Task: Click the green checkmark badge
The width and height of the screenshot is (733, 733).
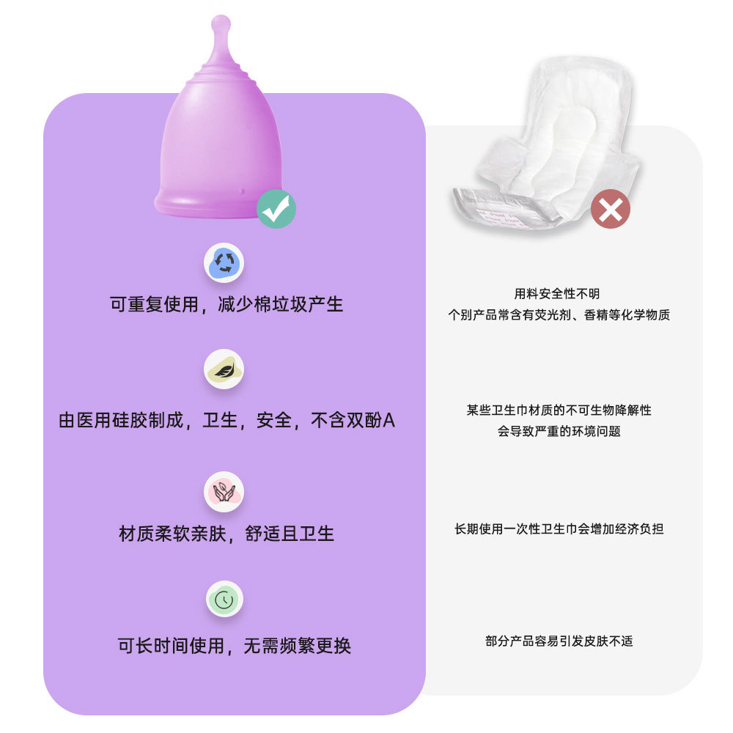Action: (x=276, y=209)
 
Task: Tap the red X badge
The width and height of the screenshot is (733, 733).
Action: (x=611, y=209)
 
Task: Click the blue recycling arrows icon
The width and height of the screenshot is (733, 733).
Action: (x=224, y=262)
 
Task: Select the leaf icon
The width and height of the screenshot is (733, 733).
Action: (x=224, y=369)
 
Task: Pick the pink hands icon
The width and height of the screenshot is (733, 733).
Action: (x=224, y=491)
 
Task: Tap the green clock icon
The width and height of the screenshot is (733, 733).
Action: (x=224, y=599)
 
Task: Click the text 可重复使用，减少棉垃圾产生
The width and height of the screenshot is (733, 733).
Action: (x=226, y=304)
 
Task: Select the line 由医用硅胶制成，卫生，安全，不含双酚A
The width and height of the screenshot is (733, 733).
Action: (x=226, y=421)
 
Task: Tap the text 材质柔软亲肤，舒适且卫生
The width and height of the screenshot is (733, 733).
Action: (x=226, y=534)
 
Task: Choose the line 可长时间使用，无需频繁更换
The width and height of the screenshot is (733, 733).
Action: (x=234, y=646)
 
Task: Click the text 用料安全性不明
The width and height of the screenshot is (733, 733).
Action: (x=557, y=294)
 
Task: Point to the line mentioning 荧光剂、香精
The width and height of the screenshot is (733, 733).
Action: (x=559, y=315)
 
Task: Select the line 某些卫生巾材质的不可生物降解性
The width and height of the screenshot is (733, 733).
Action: (x=559, y=410)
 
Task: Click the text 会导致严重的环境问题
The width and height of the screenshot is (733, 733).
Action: (x=559, y=431)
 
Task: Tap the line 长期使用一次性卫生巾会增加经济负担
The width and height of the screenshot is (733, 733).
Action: (x=559, y=528)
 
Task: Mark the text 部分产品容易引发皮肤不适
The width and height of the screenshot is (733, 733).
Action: (x=559, y=641)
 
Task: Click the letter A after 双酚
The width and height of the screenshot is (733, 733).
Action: (x=390, y=421)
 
